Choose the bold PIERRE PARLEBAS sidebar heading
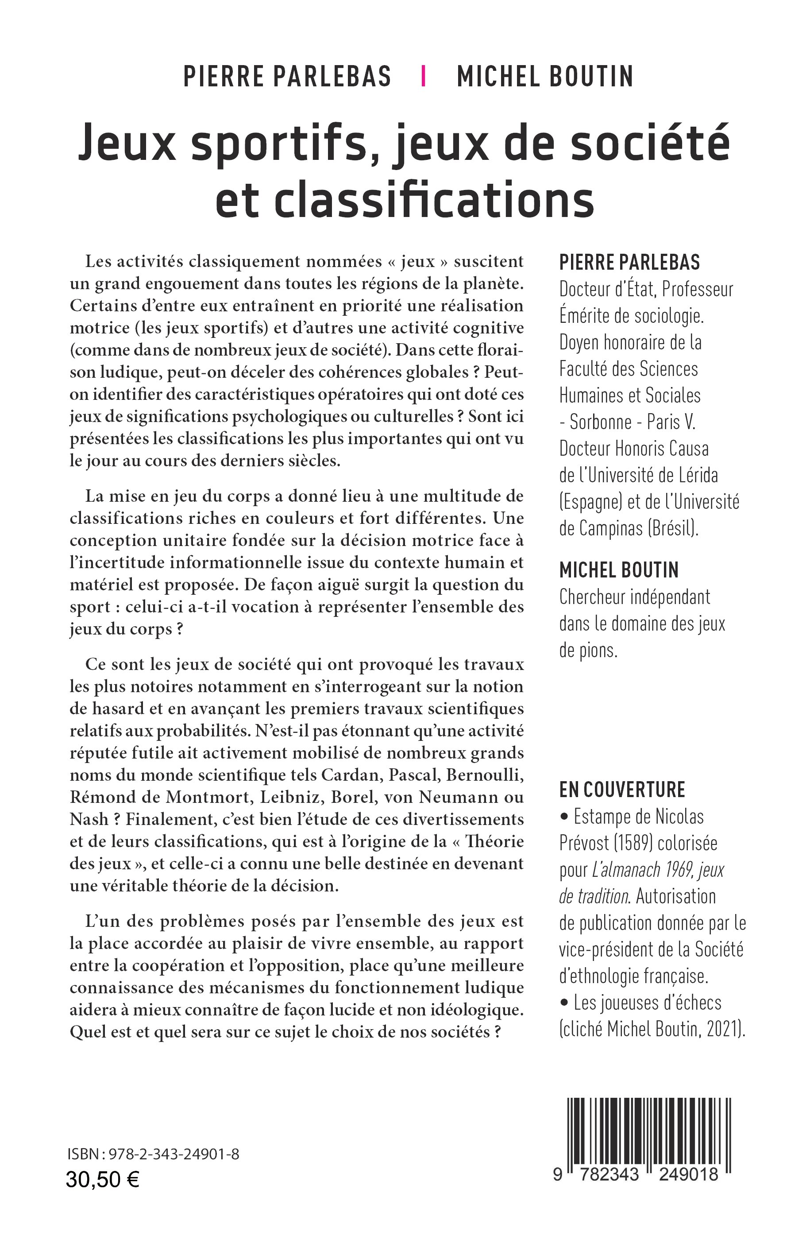[629, 262]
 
